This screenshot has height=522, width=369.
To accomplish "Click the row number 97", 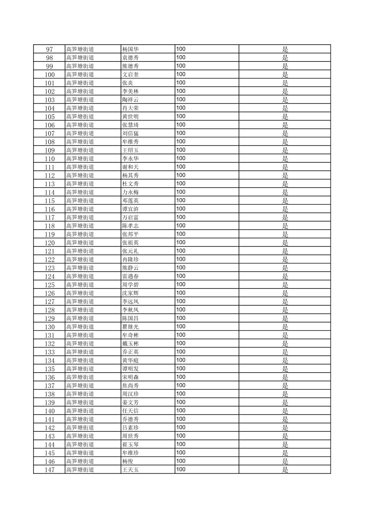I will click(x=49, y=49).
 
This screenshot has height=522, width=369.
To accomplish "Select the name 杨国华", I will click(x=131, y=49).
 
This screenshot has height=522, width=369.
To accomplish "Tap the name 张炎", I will click(x=128, y=83).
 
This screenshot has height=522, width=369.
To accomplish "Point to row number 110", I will click(x=49, y=159).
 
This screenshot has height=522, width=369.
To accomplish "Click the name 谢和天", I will click(x=131, y=167).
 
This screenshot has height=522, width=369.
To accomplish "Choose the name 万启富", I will click(x=131, y=217).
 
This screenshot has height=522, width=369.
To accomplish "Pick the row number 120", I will click(x=49, y=243).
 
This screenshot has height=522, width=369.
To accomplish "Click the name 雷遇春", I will click(x=131, y=276).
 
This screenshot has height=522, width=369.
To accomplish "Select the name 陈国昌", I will click(x=131, y=318).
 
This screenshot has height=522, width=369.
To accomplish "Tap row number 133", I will click(x=49, y=352).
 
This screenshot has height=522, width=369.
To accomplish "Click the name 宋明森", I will click(x=131, y=377).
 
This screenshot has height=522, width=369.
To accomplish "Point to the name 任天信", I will click(x=131, y=411).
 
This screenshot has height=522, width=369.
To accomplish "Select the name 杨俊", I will click(x=128, y=461).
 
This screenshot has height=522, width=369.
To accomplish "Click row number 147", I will click(x=49, y=470).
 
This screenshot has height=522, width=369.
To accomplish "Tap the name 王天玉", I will click(x=131, y=469).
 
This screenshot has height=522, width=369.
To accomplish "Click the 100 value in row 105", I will click(x=181, y=116).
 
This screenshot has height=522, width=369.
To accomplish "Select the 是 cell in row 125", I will click(x=285, y=285).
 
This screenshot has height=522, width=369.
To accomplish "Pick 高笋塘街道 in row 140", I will click(x=80, y=411).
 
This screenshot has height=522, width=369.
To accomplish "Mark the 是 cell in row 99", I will click(x=285, y=66).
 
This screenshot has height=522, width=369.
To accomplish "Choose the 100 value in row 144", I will click(x=181, y=444).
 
